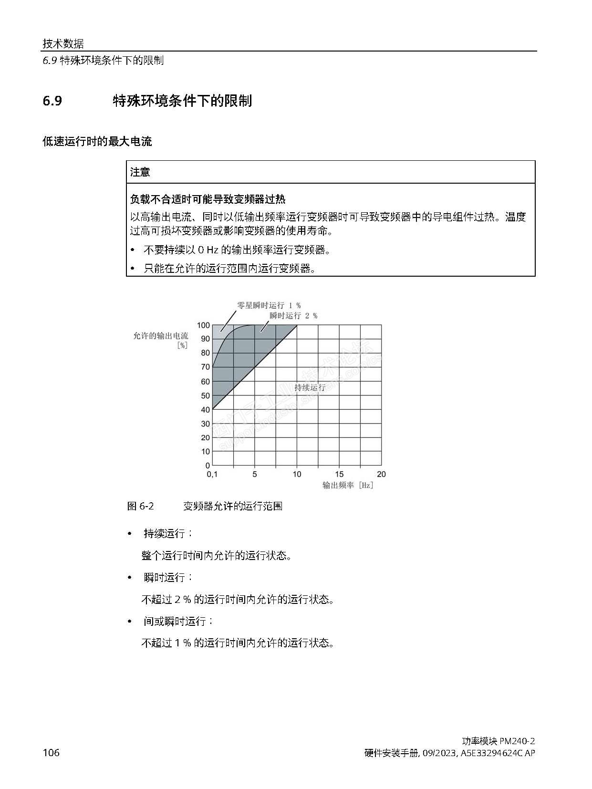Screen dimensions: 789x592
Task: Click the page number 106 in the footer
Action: tap(51, 753)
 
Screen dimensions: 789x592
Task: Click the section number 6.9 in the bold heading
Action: tap(52, 101)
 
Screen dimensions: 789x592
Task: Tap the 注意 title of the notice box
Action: tap(140, 172)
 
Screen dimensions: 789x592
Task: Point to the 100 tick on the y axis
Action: tap(203, 325)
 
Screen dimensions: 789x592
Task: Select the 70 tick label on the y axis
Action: tap(205, 367)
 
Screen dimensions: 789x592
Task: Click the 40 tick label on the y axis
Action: tap(205, 409)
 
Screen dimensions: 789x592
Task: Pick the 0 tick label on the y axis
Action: tap(208, 465)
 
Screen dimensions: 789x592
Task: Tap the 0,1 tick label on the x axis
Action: tap(212, 474)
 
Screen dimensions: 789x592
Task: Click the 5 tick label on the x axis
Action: tap(255, 474)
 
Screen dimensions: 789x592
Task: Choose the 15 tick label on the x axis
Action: tap(339, 474)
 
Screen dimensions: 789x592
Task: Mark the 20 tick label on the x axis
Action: tap(381, 474)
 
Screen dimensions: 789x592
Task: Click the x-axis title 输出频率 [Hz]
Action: tap(348, 485)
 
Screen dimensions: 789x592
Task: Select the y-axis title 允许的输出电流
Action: tap(161, 336)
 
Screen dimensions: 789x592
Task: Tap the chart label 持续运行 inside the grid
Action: tap(310, 387)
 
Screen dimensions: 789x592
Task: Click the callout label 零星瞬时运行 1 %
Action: tap(269, 305)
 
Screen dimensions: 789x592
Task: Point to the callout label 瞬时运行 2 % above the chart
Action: tap(293, 315)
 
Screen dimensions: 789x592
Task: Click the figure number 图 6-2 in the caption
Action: tap(141, 506)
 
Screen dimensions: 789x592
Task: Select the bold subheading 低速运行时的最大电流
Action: tap(97, 142)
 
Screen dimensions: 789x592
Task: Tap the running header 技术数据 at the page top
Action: tap(63, 44)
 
